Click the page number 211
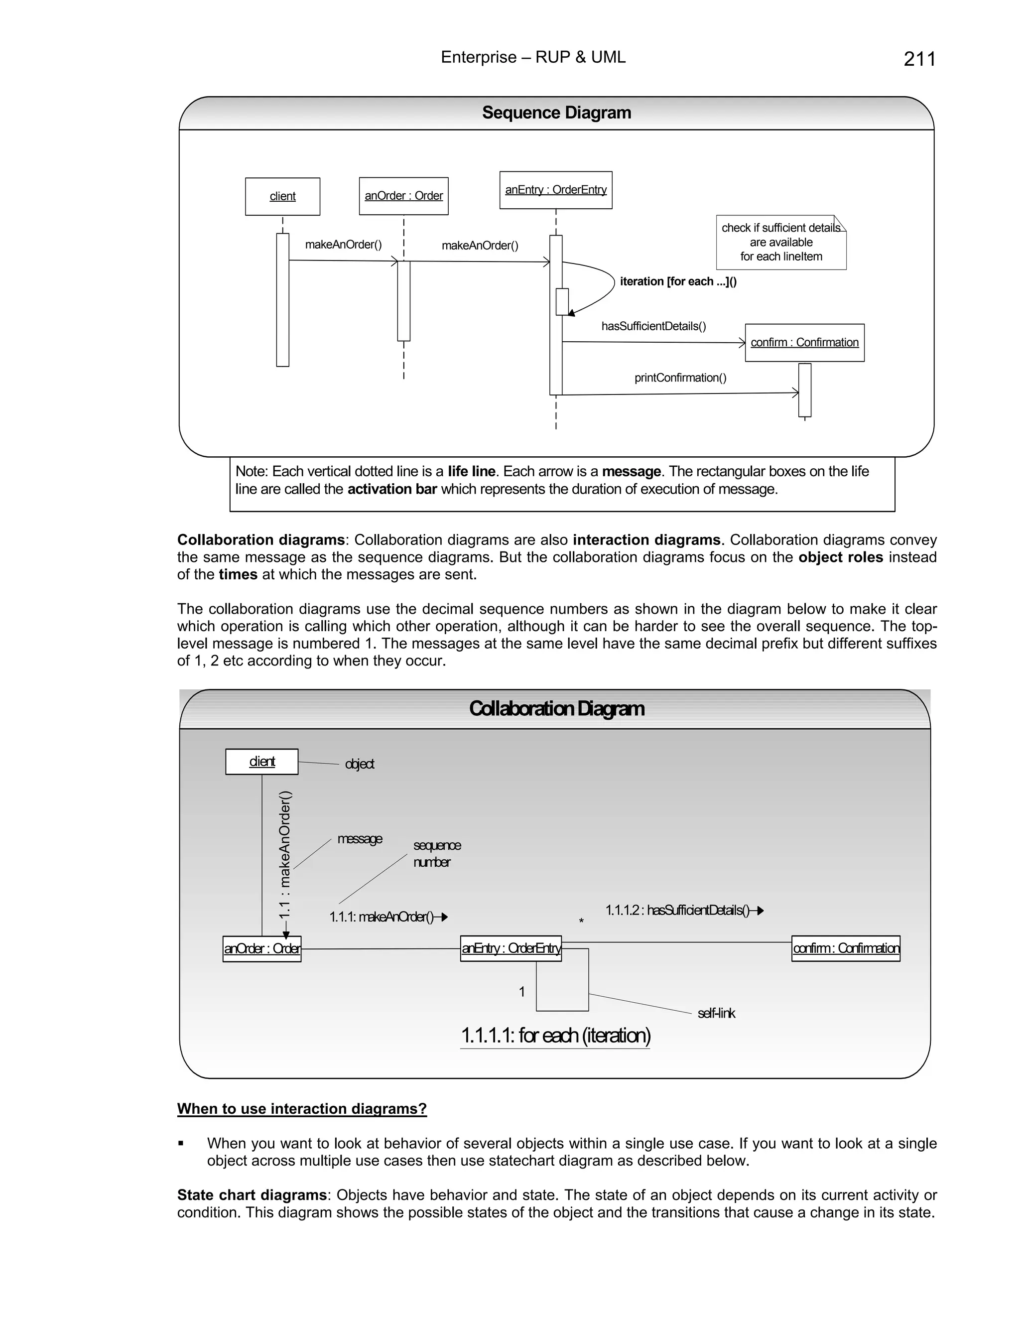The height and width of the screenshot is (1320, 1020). pos(919,59)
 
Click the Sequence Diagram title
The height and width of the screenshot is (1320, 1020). pos(556,113)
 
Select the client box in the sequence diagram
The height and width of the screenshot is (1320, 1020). pos(282,196)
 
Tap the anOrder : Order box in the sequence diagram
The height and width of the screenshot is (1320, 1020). pos(403,196)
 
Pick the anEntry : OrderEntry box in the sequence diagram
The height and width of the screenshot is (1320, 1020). pos(555,190)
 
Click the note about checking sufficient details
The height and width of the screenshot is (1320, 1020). pos(781,243)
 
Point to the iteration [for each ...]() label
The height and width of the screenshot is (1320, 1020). pos(678,281)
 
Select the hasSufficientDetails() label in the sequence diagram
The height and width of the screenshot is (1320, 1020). pos(653,326)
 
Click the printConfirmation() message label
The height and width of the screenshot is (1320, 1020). pos(680,378)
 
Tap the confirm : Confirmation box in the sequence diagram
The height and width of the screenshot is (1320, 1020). pos(804,343)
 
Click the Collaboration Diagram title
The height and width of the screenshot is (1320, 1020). pos(556,708)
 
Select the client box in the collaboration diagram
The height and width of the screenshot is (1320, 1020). pos(261,762)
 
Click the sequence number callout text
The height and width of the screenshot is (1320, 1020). pos(436,853)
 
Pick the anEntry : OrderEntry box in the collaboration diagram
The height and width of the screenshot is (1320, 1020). pos(510,948)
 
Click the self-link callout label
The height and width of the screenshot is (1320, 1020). pos(716,1013)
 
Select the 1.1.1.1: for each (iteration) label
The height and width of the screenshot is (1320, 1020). pos(555,1036)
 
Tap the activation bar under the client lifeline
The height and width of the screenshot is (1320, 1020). pos(282,300)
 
